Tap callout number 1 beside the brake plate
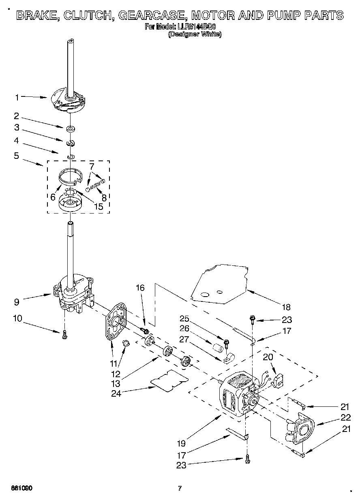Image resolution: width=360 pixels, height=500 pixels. click(x=17, y=97)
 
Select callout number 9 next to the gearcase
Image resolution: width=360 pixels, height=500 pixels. click(x=17, y=301)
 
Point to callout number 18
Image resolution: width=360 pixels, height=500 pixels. click(x=286, y=307)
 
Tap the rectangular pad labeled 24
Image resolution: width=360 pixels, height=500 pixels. click(x=169, y=380)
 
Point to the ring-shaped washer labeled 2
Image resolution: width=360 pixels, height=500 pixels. click(x=71, y=129)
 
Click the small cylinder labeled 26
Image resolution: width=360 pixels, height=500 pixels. click(x=218, y=347)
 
